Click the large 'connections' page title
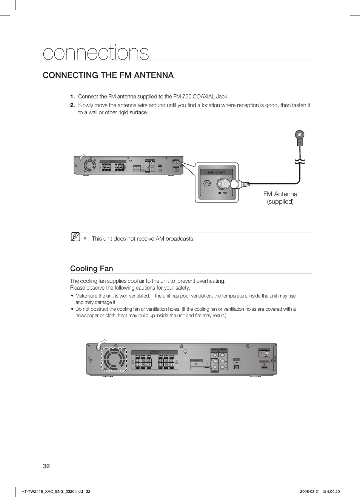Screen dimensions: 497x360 click(x=96, y=52)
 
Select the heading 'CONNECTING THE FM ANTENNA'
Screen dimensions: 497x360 click(x=108, y=75)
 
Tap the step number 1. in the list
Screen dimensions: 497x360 click(x=72, y=97)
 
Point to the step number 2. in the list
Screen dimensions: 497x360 click(x=72, y=105)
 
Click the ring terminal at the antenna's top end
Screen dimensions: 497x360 click(x=299, y=135)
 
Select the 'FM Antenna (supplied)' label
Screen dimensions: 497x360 click(x=280, y=198)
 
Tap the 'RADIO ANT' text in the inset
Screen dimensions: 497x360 click(x=216, y=172)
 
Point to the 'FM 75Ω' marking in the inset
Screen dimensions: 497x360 click(x=222, y=193)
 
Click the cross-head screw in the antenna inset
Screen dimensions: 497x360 click(x=207, y=183)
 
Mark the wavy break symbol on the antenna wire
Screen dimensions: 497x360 click(x=300, y=162)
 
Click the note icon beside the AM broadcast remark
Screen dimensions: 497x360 click(x=75, y=237)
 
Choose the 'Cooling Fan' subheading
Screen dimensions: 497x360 click(x=92, y=268)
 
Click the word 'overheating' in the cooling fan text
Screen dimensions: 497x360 click(x=211, y=281)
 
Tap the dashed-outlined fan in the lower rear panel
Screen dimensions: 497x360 click(x=114, y=359)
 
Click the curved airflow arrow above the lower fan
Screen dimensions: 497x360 click(x=101, y=343)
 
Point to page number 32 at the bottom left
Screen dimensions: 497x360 click(x=46, y=466)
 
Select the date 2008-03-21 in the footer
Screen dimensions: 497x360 click(x=310, y=491)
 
